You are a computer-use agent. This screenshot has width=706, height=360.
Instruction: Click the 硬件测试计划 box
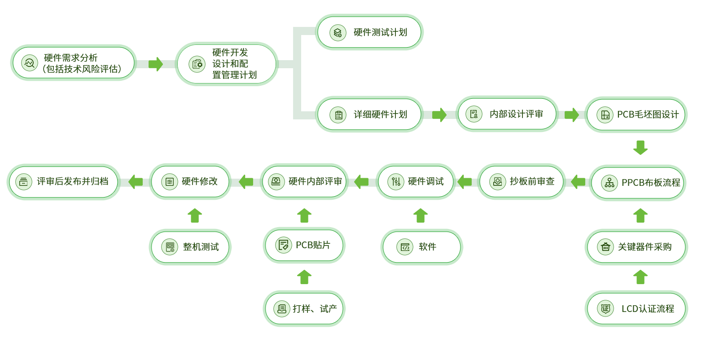tap(369, 32)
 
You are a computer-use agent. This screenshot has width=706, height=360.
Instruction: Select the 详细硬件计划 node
tap(369, 114)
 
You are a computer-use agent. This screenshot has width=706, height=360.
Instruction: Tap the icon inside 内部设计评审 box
tap(474, 114)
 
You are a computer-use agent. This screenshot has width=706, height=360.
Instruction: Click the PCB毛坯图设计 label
tap(648, 114)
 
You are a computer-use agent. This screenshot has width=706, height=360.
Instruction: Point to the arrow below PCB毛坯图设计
tap(640, 148)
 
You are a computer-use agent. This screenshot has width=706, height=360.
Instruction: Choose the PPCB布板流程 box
tap(638, 183)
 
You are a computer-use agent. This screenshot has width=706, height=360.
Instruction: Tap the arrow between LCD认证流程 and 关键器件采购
tap(640, 277)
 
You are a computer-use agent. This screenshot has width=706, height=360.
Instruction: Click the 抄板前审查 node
tap(521, 182)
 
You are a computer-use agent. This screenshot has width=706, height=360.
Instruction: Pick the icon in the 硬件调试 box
tap(396, 182)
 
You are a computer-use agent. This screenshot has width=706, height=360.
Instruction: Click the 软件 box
tap(421, 247)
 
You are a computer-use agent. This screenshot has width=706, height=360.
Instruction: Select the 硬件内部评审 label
tap(315, 181)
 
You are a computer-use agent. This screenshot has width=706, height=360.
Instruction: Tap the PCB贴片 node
tap(304, 245)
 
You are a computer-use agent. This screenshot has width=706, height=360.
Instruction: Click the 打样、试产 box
tap(304, 308)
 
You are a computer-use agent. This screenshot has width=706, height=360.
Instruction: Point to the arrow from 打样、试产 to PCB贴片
tap(304, 277)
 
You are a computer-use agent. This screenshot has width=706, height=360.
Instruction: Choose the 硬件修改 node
tap(190, 181)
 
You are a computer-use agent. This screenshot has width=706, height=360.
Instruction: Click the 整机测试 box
tap(190, 247)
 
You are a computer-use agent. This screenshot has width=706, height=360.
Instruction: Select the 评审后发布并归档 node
tap(64, 181)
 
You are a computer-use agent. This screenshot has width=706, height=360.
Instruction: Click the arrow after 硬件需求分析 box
tap(155, 64)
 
